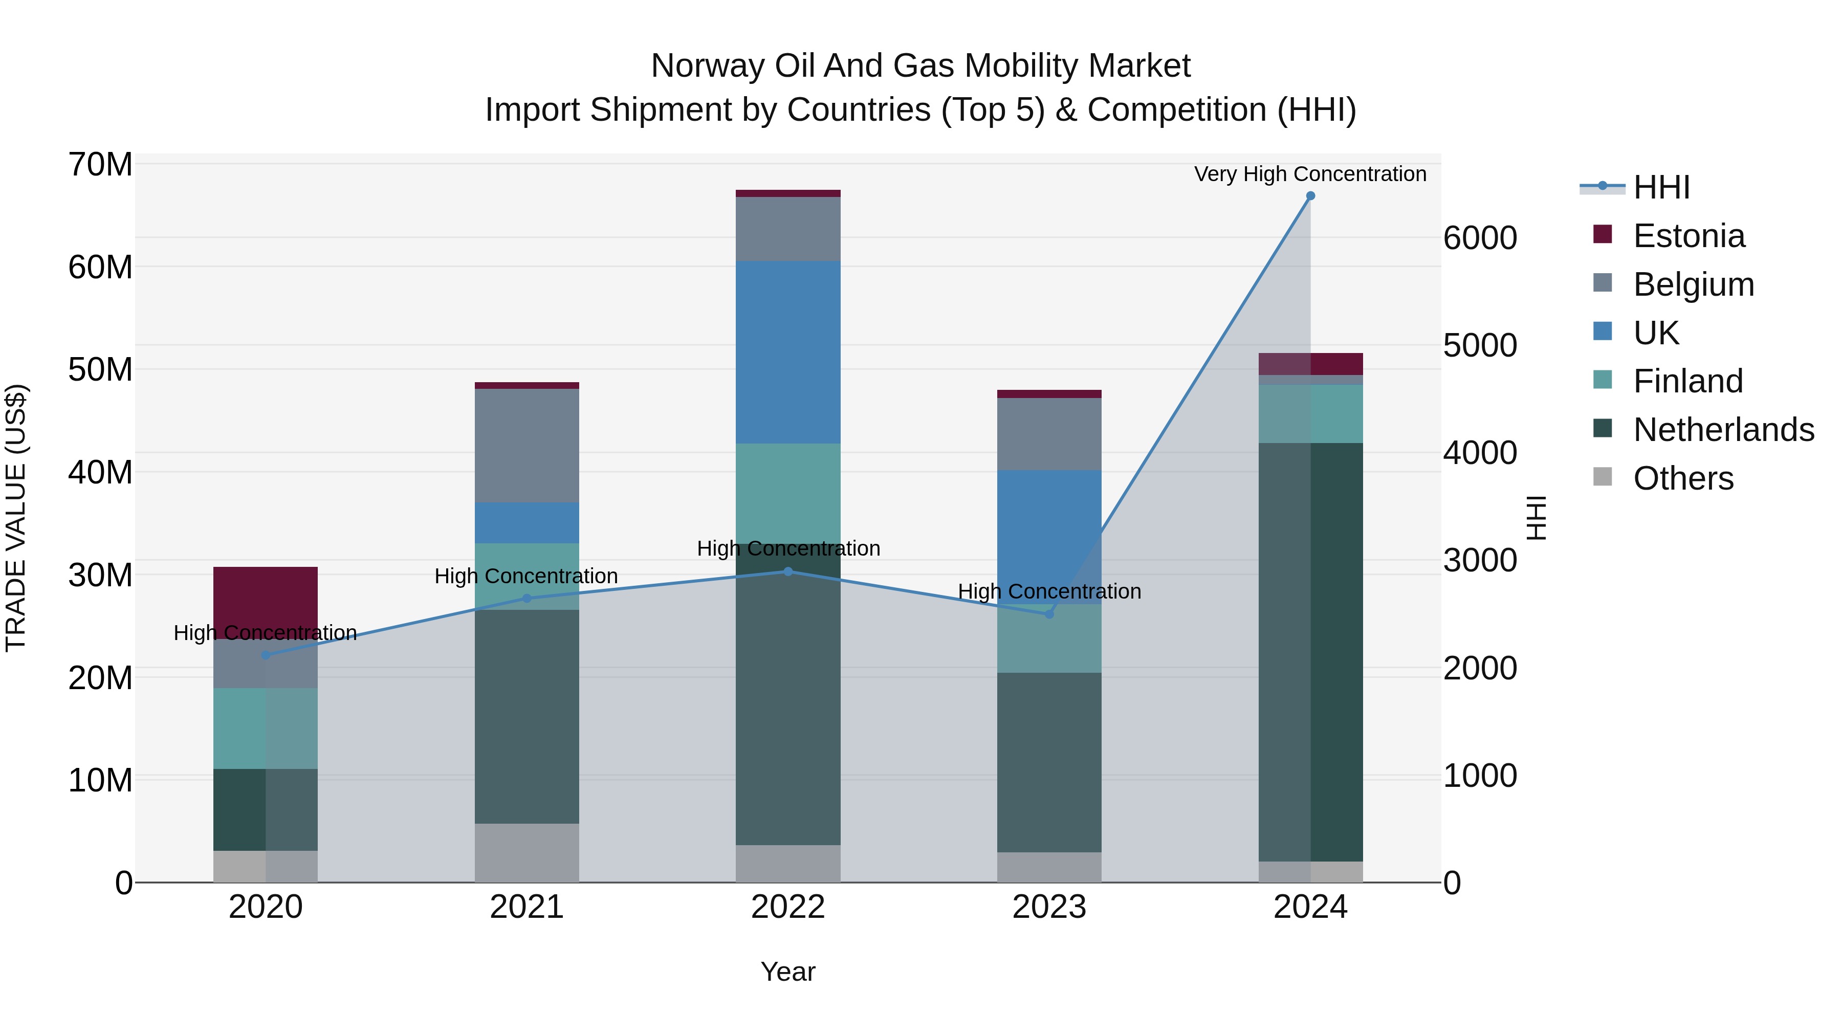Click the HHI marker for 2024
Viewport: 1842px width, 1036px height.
pos(1310,196)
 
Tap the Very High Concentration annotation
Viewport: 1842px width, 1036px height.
pos(1310,174)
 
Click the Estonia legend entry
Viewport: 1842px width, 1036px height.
pos(1689,236)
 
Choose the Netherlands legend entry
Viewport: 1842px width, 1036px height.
pos(1723,430)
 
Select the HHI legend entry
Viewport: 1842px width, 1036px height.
pos(1661,187)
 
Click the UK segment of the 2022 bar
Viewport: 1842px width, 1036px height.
pos(788,352)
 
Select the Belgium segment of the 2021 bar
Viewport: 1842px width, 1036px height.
pos(527,446)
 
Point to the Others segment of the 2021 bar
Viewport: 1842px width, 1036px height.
pos(527,852)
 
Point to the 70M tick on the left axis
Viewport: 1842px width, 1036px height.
pos(100,164)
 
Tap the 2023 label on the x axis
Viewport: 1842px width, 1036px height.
pos(1049,907)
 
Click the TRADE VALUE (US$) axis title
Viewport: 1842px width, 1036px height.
pos(16,518)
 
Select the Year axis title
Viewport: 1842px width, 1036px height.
pos(788,972)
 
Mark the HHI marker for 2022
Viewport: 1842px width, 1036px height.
pos(788,571)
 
